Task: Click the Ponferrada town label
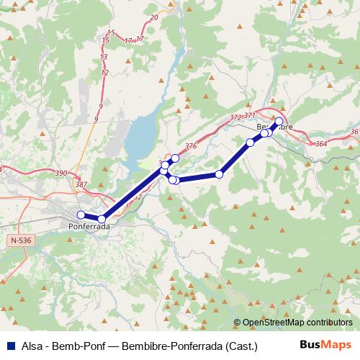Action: (89, 226)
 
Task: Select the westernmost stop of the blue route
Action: (81, 215)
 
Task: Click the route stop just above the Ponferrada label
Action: (102, 219)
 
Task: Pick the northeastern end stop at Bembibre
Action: (279, 121)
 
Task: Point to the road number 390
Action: (60, 174)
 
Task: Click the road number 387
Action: (81, 185)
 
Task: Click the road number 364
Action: (321, 145)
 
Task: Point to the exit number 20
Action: (155, 17)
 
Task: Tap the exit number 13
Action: (104, 56)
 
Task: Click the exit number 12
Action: (105, 72)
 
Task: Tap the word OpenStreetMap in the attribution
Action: (275, 323)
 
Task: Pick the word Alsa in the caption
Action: (33, 345)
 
